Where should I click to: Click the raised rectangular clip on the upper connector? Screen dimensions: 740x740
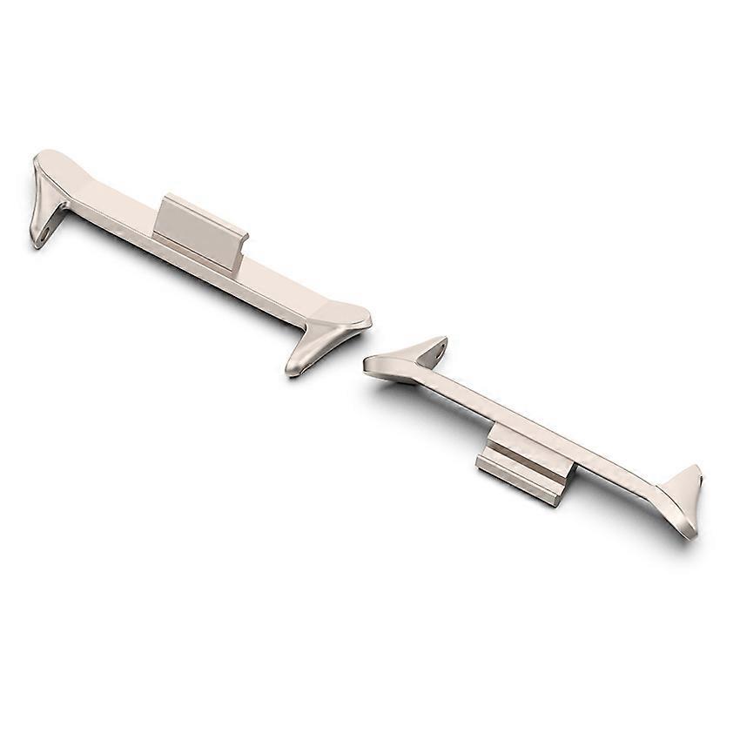pyautogui.click(x=199, y=228)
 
